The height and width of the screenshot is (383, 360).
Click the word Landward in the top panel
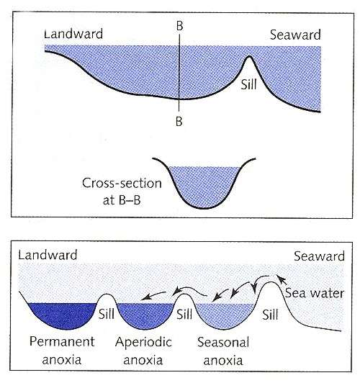pos(73,34)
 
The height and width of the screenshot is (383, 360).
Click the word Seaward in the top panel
pos(295,35)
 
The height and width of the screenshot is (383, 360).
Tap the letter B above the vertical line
pos(179,26)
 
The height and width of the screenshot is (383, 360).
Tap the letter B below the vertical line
pos(179,121)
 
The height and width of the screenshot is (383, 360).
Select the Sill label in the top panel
pos(248,84)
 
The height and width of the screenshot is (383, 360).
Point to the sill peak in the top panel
pos(249,56)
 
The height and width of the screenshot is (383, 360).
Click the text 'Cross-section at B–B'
pos(122,191)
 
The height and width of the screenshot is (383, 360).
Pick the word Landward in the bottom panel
pos(48,255)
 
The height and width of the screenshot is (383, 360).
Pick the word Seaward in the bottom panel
pos(319,256)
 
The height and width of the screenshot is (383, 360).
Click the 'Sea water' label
pos(315,293)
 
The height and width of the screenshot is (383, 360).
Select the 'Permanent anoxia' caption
pos(62,351)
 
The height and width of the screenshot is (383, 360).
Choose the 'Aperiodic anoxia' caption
pos(143,351)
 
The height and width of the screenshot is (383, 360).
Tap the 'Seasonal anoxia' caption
pos(223,351)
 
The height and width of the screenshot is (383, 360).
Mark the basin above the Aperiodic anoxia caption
pos(145,315)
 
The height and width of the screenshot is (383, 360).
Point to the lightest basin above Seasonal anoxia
pos(225,316)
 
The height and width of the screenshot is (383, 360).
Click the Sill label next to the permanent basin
pos(107,314)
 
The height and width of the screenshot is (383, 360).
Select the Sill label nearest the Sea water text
pos(271,315)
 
